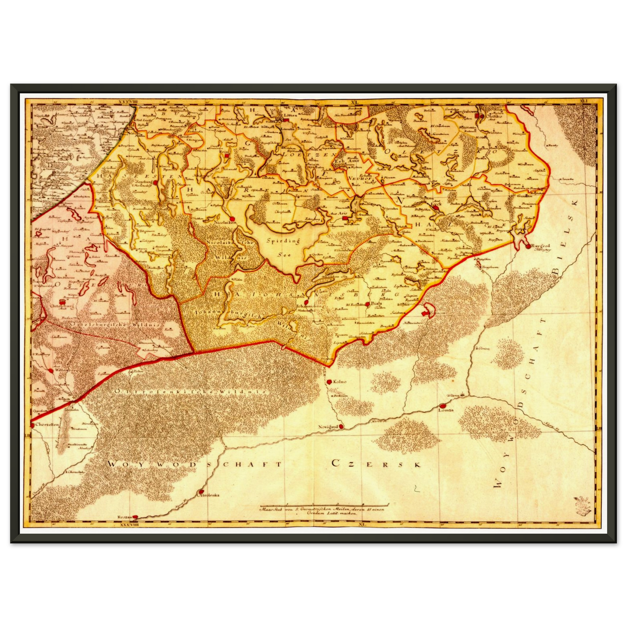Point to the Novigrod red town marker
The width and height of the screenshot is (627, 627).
coord(341,427)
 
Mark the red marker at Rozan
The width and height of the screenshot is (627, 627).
coord(135,517)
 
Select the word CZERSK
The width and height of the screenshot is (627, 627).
coord(377,463)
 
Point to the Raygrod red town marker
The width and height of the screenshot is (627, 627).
coord(528,246)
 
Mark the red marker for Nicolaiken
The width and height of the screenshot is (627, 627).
coord(233,219)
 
